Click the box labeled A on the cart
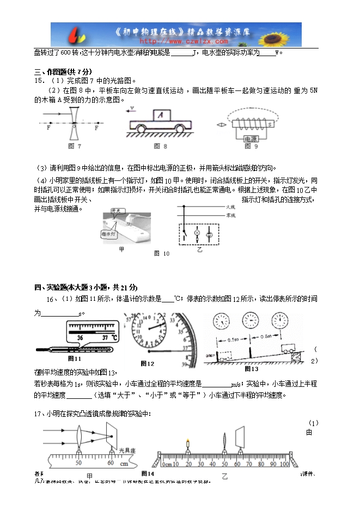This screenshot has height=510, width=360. [161, 114]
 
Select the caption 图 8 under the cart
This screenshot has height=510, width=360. [160, 146]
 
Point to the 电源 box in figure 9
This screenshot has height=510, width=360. [251, 138]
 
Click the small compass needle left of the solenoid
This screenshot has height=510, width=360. [222, 125]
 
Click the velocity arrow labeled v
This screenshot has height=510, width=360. [132, 110]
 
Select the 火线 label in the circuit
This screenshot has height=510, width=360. [230, 207]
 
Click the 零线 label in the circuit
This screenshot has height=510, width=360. [230, 216]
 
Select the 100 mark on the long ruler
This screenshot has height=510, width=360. [284, 464]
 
